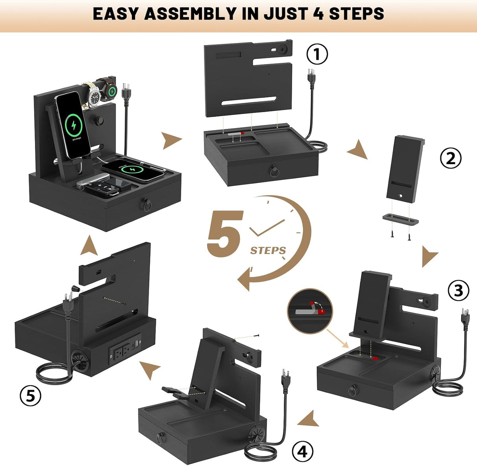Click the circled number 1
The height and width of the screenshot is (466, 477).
click(x=317, y=54)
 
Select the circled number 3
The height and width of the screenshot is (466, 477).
click(x=458, y=291)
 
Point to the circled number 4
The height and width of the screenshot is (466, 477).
click(x=303, y=451)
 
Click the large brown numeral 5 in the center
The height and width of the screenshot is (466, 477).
click(x=225, y=233)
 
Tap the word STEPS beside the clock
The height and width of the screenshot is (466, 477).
click(x=268, y=250)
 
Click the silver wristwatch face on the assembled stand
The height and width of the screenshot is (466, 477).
click(x=94, y=97)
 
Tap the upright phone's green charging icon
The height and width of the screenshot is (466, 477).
click(x=74, y=125)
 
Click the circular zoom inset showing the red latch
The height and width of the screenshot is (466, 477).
click(x=310, y=311)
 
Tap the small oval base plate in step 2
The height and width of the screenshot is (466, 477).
click(x=400, y=219)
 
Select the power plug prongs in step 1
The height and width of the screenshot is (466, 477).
click(x=311, y=72)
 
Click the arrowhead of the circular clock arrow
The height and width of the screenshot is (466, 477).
click(x=244, y=280)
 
